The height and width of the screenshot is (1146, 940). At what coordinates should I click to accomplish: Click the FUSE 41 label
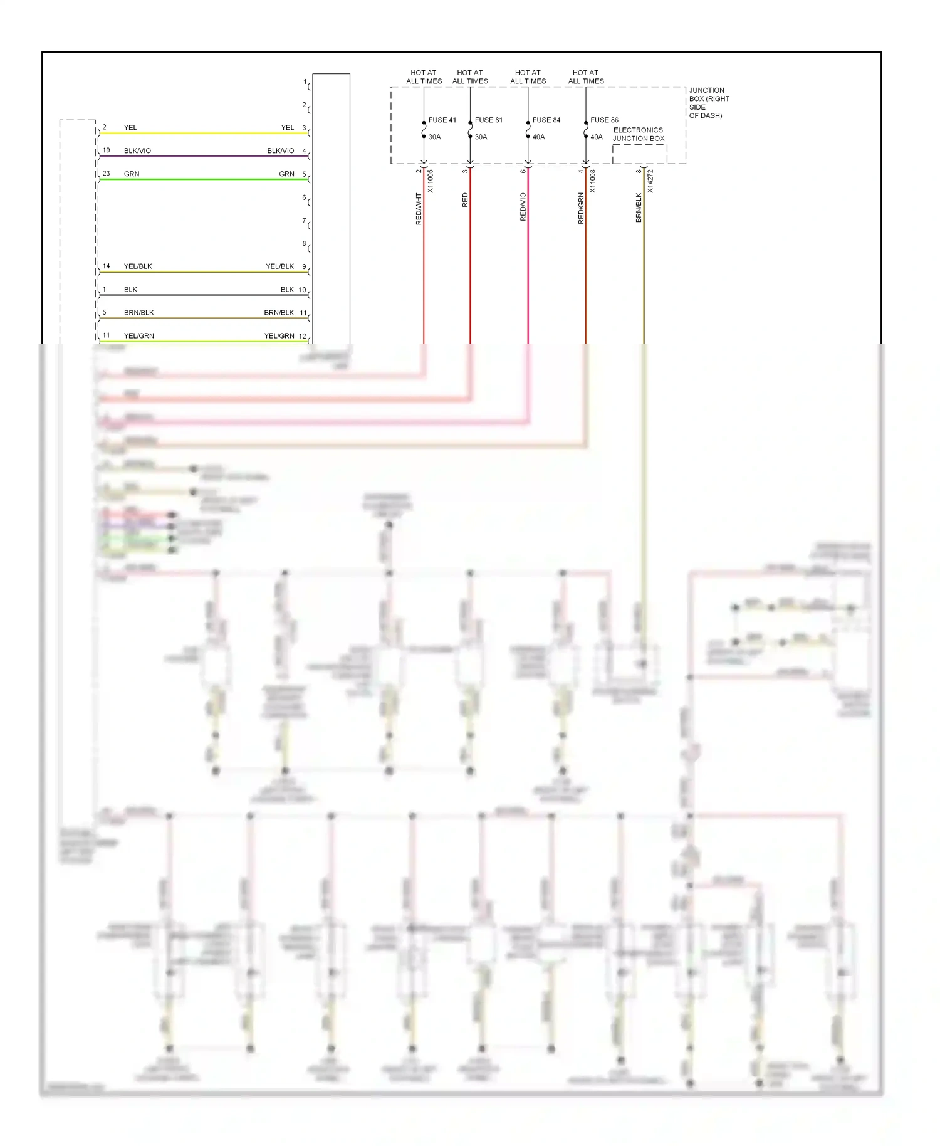pyautogui.click(x=442, y=120)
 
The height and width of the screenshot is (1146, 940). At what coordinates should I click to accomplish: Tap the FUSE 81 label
pyautogui.click(x=488, y=120)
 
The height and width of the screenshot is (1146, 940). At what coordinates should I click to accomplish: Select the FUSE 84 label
pyautogui.click(x=546, y=120)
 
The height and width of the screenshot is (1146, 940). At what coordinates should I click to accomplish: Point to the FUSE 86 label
pyautogui.click(x=604, y=120)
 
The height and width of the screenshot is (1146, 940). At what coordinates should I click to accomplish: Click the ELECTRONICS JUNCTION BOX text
pyautogui.click(x=638, y=134)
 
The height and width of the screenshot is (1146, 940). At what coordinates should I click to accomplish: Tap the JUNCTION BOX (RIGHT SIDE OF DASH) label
pyautogui.click(x=709, y=103)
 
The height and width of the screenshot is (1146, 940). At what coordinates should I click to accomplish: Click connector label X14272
pyautogui.click(x=650, y=181)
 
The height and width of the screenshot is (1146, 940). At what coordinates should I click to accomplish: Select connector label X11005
pyautogui.click(x=430, y=181)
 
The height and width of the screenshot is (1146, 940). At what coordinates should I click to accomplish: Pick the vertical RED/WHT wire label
pyautogui.click(x=419, y=209)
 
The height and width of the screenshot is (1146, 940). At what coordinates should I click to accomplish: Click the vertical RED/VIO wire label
pyautogui.click(x=523, y=207)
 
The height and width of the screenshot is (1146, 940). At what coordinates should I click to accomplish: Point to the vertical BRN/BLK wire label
pyautogui.click(x=639, y=208)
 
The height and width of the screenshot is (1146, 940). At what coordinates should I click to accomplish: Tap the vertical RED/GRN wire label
pyautogui.click(x=581, y=208)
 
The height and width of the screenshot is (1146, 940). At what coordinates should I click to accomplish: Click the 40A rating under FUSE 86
pyautogui.click(x=596, y=137)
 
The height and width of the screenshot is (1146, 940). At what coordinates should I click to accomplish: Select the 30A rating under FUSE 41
pyautogui.click(x=434, y=137)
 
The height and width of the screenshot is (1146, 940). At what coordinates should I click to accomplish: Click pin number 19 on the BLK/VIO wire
pyautogui.click(x=106, y=150)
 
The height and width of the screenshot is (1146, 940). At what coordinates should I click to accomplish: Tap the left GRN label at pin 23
pyautogui.click(x=132, y=174)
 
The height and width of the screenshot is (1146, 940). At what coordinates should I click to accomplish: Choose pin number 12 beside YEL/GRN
pyautogui.click(x=303, y=336)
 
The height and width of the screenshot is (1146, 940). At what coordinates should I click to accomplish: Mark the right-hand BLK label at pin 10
pyautogui.click(x=287, y=290)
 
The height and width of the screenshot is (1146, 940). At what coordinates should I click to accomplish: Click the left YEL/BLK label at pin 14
pyautogui.click(x=138, y=266)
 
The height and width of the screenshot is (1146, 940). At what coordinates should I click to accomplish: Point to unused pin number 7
pyautogui.click(x=304, y=221)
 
